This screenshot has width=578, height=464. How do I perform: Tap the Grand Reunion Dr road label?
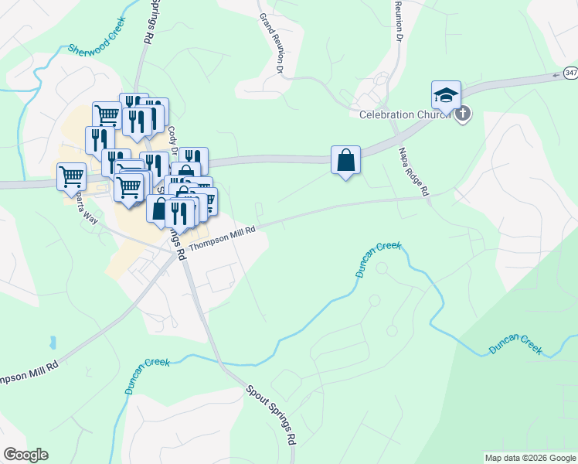tap(272, 43)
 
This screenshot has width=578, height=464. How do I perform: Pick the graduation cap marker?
tap(447, 95)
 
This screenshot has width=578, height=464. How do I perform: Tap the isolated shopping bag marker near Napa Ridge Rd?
tap(345, 161)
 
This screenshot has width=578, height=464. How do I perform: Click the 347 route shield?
tap(570, 73)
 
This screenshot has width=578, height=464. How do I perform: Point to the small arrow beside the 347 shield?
tap(556, 74)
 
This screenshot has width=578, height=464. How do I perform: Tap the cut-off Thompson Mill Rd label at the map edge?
tap(29, 366)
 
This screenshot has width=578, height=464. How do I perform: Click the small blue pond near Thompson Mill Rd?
tap(52, 342)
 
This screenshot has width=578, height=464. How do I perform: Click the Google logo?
tap(25, 455)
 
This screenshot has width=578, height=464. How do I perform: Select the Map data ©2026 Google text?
tap(531, 458)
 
